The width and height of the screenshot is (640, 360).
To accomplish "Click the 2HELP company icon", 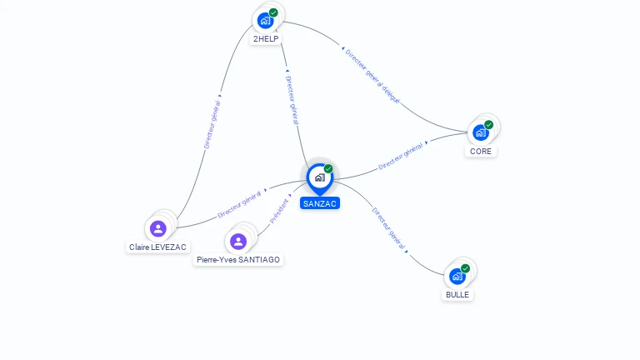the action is tap(265, 21).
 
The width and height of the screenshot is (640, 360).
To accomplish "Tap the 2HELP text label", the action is tap(266, 39).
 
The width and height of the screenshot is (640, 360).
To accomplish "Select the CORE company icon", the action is tap(480, 132).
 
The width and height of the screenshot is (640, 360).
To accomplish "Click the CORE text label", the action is tap(480, 152).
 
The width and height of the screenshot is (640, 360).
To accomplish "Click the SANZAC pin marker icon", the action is tap(320, 179).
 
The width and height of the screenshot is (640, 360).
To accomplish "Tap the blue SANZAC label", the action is tap(320, 203).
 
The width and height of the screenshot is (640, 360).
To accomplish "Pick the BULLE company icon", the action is tap(457, 277).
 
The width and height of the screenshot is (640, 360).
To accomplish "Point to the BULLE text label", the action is tap(457, 295).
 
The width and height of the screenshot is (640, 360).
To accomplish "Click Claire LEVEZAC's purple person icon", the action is tap(158, 228).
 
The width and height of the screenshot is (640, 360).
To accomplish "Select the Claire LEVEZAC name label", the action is tap(157, 247).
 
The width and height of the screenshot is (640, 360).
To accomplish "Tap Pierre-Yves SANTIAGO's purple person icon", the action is tap(238, 241).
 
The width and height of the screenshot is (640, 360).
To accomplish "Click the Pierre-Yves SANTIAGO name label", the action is tap(238, 260).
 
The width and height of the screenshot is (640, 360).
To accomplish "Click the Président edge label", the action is tap(279, 212).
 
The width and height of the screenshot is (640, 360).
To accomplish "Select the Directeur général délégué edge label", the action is tap(372, 77).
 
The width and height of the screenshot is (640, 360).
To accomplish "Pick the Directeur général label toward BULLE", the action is tap(388, 228).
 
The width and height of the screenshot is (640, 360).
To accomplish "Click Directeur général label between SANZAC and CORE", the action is tap(400, 157).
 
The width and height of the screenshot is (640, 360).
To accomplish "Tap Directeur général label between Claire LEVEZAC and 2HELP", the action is tap(212, 124).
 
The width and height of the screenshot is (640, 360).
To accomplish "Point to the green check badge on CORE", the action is tap(488, 125).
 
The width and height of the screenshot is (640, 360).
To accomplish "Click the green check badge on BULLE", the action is tap(465, 268).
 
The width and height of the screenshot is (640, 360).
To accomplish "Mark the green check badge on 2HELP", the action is tap(273, 12).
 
